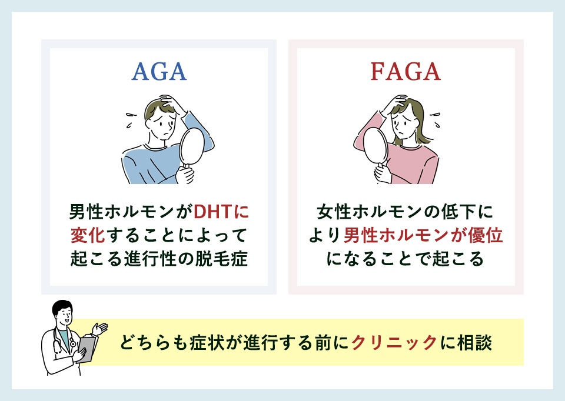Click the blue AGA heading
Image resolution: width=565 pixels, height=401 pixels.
pos(158,71)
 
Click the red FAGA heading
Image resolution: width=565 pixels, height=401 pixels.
pos(406,71)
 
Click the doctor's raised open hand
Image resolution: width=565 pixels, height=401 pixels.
pos(101,328)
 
